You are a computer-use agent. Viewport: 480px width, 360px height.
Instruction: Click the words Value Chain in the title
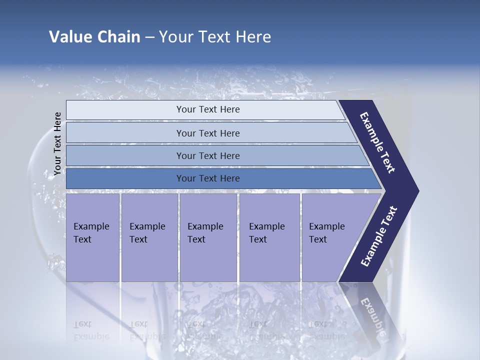click(94, 37)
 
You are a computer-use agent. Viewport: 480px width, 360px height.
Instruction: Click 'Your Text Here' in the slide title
click(215, 37)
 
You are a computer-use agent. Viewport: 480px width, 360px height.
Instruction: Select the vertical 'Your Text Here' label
click(57, 143)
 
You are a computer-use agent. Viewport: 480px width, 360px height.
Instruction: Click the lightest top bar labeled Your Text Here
click(207, 109)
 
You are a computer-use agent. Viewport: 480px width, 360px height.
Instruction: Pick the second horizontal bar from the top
click(207, 133)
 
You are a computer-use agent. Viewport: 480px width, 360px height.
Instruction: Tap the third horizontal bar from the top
click(207, 155)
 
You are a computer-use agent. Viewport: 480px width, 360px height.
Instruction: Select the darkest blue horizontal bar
click(207, 178)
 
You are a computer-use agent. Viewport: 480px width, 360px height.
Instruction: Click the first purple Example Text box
click(92, 237)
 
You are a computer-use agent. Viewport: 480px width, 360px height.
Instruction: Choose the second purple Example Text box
click(149, 237)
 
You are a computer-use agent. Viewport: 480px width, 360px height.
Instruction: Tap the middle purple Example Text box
click(207, 237)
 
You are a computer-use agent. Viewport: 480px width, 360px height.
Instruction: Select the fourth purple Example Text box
click(269, 237)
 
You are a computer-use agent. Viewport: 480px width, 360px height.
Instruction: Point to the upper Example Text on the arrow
click(378, 143)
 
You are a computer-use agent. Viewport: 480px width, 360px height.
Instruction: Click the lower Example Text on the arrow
click(379, 236)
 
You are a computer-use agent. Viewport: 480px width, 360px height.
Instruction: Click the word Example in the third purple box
click(205, 226)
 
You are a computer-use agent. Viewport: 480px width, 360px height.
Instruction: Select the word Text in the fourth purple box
click(257, 239)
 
